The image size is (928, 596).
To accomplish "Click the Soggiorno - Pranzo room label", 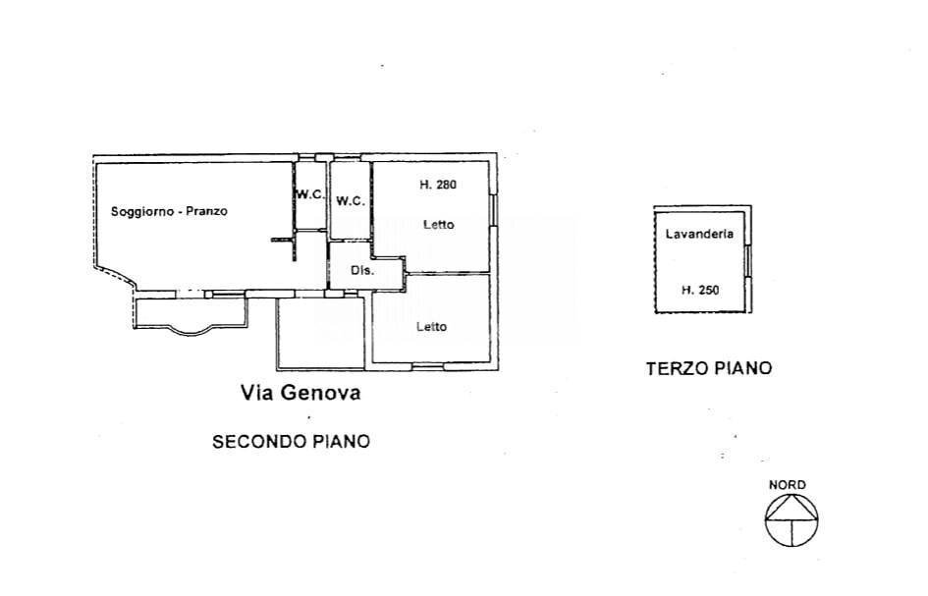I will click(169, 211).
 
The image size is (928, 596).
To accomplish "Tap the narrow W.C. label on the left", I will click(310, 194).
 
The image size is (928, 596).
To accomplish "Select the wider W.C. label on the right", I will click(351, 201).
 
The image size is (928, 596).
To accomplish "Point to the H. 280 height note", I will click(438, 184).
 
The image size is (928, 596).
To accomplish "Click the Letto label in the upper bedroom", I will click(438, 225).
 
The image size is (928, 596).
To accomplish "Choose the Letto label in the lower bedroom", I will click(431, 327).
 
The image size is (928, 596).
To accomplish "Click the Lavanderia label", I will click(698, 235).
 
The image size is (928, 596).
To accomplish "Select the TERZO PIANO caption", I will click(708, 369).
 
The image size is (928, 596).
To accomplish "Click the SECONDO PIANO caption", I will click(292, 442).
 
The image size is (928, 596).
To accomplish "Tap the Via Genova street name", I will click(301, 394).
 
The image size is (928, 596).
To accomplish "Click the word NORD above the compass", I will click(788, 485).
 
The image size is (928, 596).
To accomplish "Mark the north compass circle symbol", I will click(792, 517).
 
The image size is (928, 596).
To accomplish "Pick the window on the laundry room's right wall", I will click(748, 261).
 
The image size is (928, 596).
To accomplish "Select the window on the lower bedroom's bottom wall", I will click(426, 366).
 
